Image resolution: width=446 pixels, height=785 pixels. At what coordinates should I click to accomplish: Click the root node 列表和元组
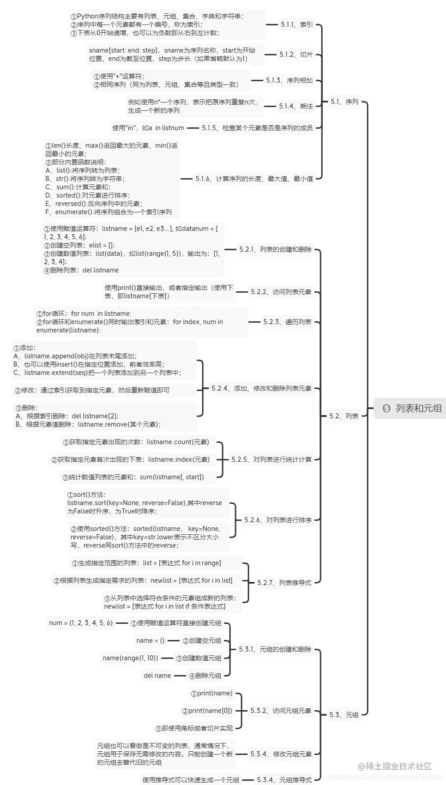click(x=418, y=408)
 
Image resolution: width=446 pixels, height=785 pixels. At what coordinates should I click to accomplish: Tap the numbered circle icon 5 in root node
click(x=386, y=408)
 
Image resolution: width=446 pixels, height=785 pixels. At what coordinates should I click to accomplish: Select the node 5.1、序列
click(x=344, y=102)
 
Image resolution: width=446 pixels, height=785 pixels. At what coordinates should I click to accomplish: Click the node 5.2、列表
click(x=344, y=416)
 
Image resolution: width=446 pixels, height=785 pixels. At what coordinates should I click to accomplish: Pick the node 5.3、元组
click(x=344, y=715)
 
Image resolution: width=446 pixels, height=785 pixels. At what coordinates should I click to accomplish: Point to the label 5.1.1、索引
click(x=296, y=24)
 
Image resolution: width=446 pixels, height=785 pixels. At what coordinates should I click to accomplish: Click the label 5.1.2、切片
click(x=296, y=54)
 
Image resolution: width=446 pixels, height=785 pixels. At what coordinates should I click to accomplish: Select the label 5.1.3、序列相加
click(x=289, y=80)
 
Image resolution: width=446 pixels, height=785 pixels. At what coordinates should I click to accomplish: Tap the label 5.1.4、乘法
click(x=295, y=106)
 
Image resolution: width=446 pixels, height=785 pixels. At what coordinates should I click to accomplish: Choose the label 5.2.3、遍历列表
click(x=287, y=322)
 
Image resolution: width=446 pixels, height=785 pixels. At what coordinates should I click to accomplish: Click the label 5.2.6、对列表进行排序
click(x=278, y=520)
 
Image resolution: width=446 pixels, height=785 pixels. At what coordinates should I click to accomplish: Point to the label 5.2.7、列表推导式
click(x=284, y=583)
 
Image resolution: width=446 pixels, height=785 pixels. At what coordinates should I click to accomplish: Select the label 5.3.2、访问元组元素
click(x=281, y=711)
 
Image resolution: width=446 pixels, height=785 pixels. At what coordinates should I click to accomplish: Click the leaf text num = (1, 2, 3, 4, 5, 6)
click(x=81, y=623)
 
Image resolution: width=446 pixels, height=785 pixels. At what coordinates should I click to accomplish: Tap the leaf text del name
click(x=157, y=676)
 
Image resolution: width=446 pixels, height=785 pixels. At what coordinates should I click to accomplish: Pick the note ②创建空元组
click(x=202, y=640)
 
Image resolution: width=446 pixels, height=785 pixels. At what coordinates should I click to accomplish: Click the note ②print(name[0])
click(x=207, y=711)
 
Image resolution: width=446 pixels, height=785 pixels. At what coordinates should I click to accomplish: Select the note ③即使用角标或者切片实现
click(x=194, y=728)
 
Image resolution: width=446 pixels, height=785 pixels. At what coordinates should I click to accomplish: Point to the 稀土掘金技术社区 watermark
click(x=395, y=766)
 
